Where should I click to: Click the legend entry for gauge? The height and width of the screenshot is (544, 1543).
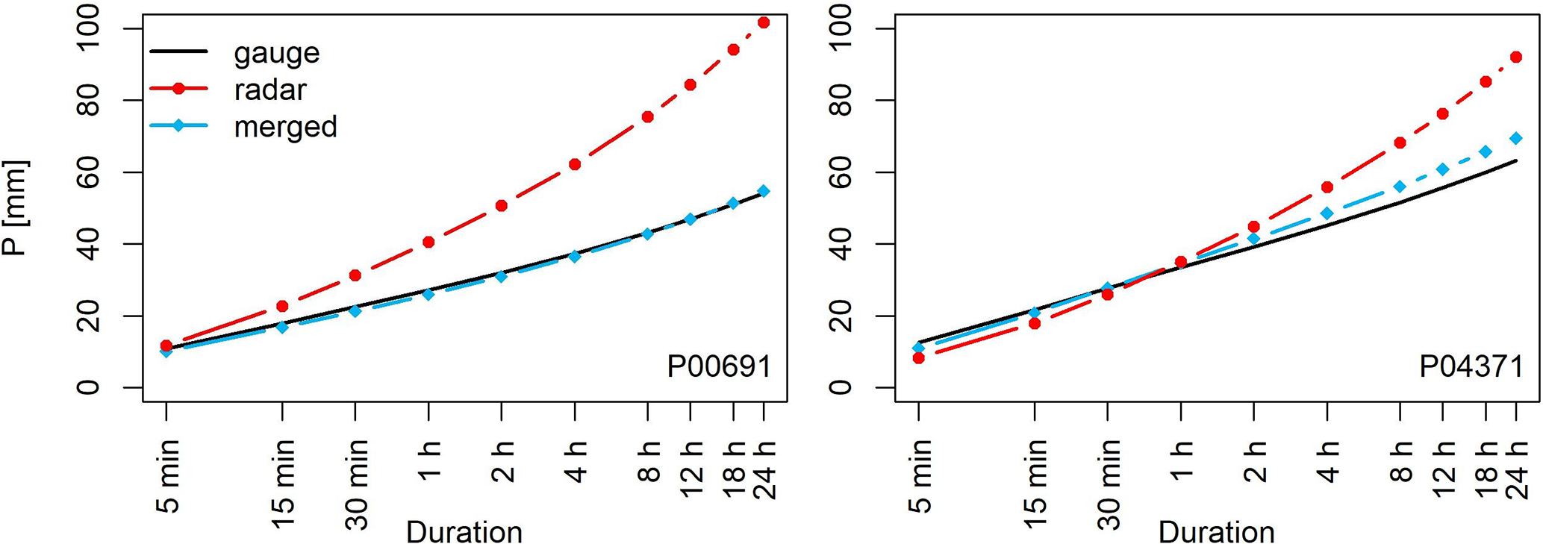point(276,52)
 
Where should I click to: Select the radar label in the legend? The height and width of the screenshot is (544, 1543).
point(269,90)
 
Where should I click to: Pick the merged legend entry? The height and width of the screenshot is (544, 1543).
point(285,127)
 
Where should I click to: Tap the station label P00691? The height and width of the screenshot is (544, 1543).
point(718,366)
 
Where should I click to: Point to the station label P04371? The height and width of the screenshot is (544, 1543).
point(1471,366)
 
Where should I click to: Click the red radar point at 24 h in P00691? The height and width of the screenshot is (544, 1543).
point(763,22)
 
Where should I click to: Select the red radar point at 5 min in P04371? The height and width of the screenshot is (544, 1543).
point(918,358)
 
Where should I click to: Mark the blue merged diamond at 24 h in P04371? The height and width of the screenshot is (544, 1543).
point(1515,138)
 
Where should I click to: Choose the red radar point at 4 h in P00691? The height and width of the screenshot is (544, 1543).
point(575,164)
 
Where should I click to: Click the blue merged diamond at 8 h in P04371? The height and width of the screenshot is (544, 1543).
point(1400,187)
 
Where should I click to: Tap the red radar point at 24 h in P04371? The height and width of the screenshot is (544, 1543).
point(1515,57)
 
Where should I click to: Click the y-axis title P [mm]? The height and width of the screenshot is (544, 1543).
point(15,207)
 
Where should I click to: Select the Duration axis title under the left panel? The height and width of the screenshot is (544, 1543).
point(464,532)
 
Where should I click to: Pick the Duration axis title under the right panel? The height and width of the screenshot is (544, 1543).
point(1216,532)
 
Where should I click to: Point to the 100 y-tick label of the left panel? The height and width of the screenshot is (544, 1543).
point(88,28)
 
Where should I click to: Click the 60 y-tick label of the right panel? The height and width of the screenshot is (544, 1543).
point(841,172)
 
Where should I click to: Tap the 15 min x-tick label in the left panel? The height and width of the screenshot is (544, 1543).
point(283,484)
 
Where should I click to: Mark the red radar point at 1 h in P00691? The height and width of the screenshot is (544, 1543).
point(428,242)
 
